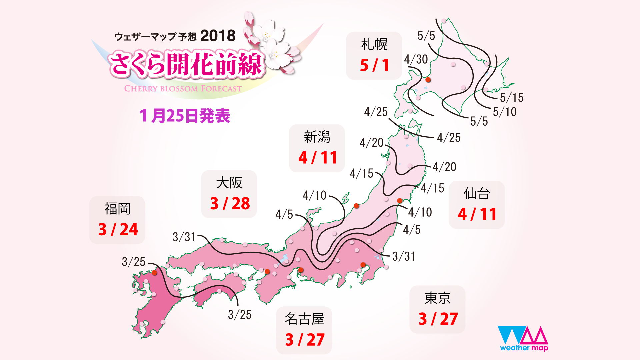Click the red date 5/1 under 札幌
coord(374,65)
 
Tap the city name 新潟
coord(317,137)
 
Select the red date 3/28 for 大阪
coord(230,203)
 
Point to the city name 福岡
coord(117,209)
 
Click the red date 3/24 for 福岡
coord(118,229)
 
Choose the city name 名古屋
coord(304,319)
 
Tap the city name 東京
coord(437,298)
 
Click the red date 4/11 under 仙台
coord(477,214)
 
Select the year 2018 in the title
coord(218,36)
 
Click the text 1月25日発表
coord(185,116)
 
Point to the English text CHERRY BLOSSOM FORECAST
coord(183,89)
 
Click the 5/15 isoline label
coord(512,97)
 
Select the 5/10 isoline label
coord(505,112)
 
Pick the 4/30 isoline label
coord(416,59)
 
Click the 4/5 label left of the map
coord(284,214)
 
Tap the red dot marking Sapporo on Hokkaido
coord(428,80)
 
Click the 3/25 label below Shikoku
coord(240,314)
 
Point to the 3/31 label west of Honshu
coord(184,237)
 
